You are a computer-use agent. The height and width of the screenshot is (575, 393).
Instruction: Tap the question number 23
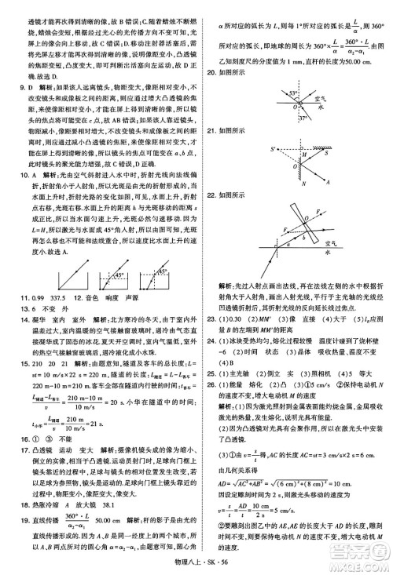(211, 318)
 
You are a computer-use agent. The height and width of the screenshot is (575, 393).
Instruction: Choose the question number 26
(211, 397)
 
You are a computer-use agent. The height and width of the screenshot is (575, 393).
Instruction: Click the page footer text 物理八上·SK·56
(196, 558)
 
